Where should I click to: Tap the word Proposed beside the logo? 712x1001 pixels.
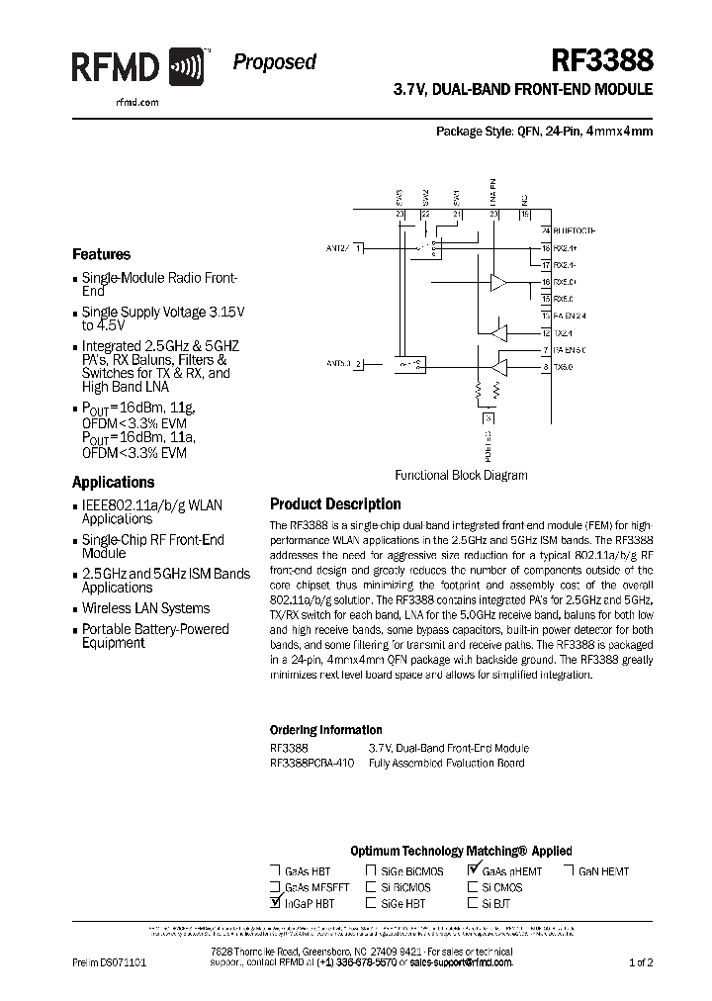point(274,62)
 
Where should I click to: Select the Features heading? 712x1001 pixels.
point(102,254)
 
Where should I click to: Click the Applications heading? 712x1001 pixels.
point(114,483)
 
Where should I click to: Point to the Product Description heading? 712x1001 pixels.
point(335,503)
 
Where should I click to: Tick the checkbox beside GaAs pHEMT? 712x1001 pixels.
point(474,870)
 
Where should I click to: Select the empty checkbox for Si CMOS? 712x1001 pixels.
point(474,887)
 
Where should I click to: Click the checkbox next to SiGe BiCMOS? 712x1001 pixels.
point(371,871)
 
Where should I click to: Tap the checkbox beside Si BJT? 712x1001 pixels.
point(474,903)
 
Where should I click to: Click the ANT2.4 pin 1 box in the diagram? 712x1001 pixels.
point(360,247)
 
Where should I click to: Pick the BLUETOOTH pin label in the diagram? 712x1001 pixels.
point(576,230)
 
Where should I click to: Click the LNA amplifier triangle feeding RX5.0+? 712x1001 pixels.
point(498,283)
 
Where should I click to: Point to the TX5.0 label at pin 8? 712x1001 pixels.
point(563,368)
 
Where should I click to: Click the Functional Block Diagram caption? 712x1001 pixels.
point(461,475)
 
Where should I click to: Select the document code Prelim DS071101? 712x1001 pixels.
point(110,961)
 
